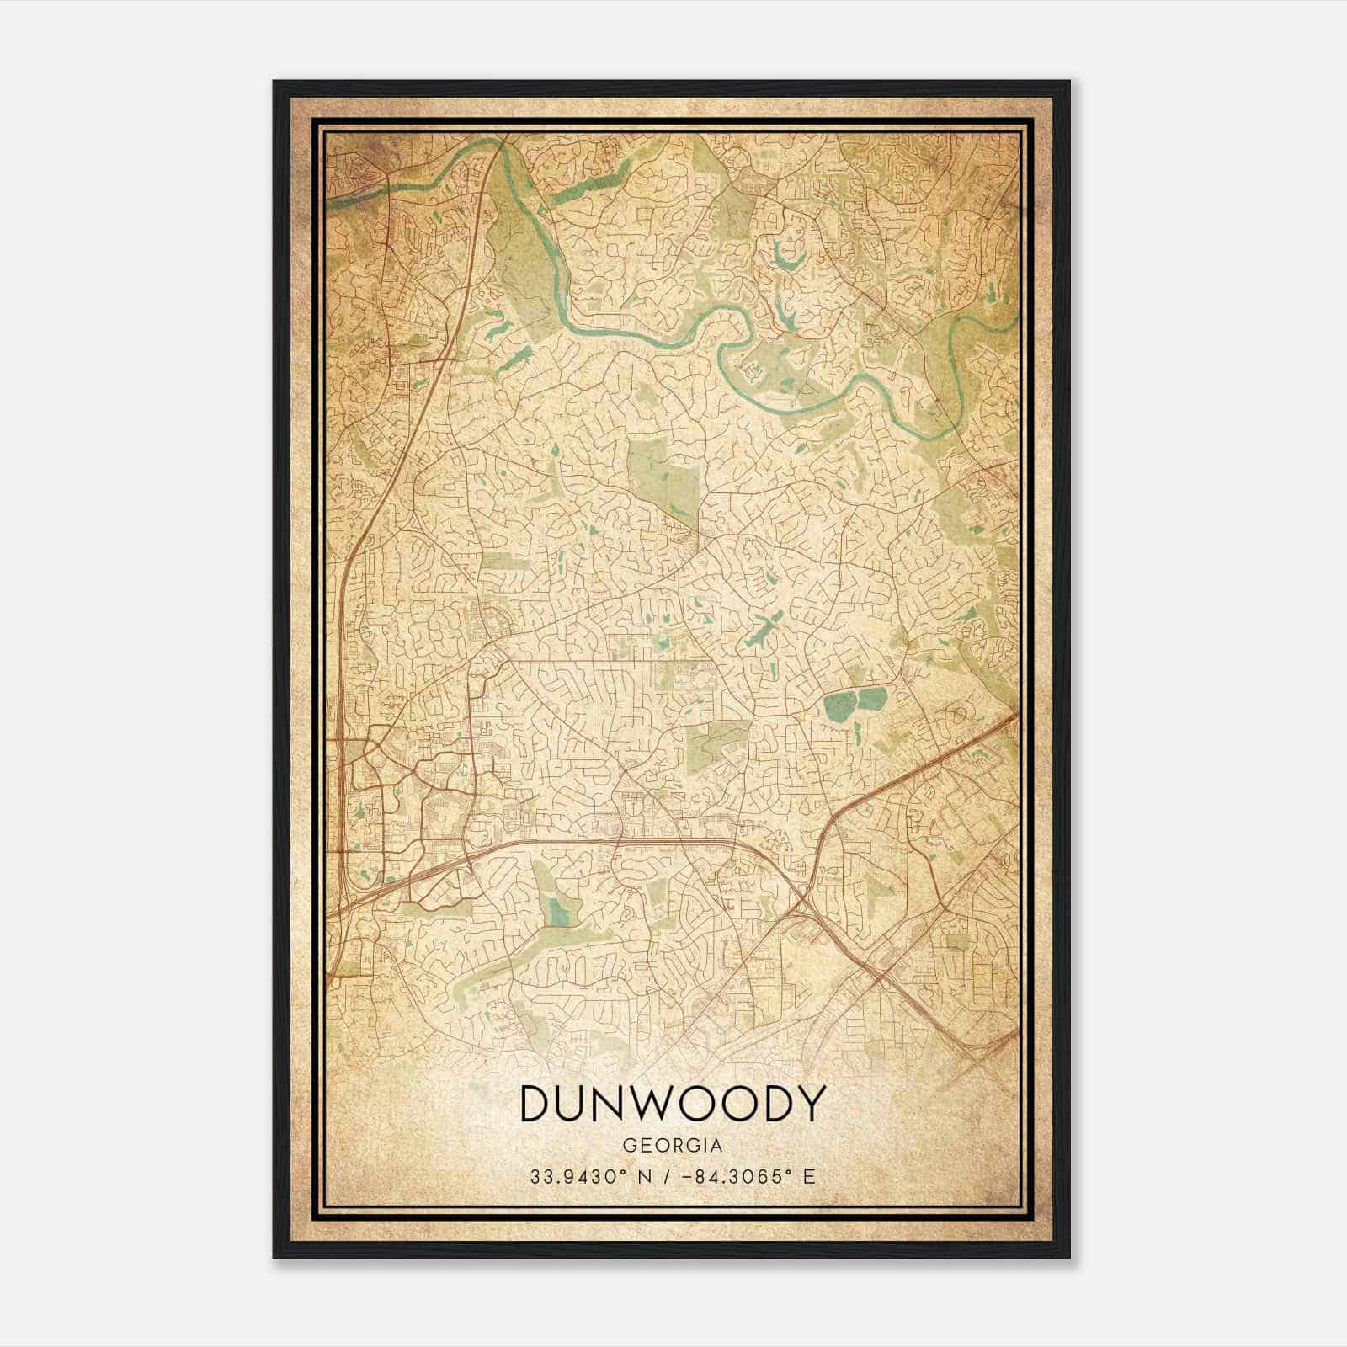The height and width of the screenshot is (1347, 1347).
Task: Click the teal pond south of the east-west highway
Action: [556, 909]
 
